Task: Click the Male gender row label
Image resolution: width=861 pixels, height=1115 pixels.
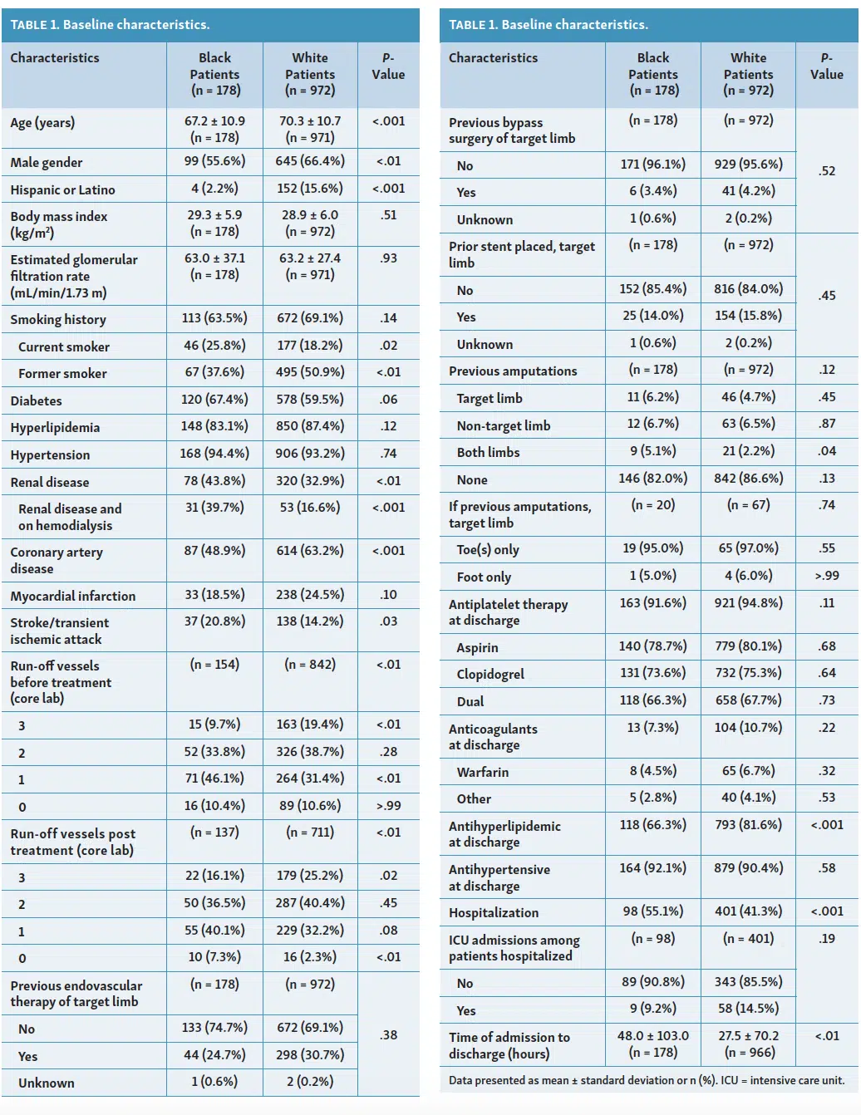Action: pyautogui.click(x=47, y=163)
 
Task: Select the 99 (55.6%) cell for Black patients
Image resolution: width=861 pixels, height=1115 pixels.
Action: pyautogui.click(x=214, y=161)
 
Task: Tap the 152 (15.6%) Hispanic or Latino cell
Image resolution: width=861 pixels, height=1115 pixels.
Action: pyautogui.click(x=310, y=189)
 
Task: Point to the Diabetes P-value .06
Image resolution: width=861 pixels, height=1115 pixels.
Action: pyautogui.click(x=388, y=399)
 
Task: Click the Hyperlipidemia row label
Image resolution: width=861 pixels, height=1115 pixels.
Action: pyautogui.click(x=55, y=427)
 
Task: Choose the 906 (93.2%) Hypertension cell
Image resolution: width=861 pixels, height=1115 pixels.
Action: pyautogui.click(x=310, y=454)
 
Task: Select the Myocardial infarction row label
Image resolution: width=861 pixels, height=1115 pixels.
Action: pyautogui.click(x=73, y=596)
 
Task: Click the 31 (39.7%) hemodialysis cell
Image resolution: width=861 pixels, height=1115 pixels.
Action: pyautogui.click(x=214, y=508)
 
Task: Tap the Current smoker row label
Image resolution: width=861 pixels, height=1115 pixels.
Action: pyautogui.click(x=64, y=346)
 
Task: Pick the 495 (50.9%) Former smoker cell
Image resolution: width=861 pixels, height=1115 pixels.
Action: pyautogui.click(x=310, y=372)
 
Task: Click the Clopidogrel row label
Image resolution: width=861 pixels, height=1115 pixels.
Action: pyautogui.click(x=490, y=674)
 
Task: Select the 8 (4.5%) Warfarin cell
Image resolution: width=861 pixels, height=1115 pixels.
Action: pyautogui.click(x=652, y=771)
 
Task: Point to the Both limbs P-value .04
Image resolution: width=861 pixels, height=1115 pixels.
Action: pyautogui.click(x=827, y=451)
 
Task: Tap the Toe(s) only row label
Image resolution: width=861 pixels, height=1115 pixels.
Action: pyautogui.click(x=488, y=550)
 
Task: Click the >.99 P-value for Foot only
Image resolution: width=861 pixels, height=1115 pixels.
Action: pyautogui.click(x=827, y=576)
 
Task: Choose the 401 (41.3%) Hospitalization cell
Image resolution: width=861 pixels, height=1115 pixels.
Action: pyautogui.click(x=748, y=911)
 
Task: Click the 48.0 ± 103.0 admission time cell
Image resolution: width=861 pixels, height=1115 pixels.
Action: pyautogui.click(x=652, y=1035)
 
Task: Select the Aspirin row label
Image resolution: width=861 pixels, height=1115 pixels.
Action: pyautogui.click(x=477, y=647)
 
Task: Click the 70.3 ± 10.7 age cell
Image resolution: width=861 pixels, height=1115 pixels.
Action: pyautogui.click(x=310, y=121)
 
